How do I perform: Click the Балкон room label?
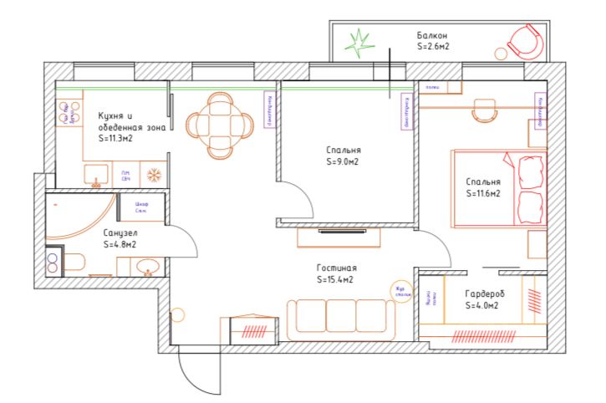click(433, 35)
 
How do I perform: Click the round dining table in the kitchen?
click(219, 125)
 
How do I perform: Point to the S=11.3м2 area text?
click(116, 139)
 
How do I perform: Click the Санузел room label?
click(120, 232)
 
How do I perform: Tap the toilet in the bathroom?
click(73, 263)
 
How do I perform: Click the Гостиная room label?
click(336, 268)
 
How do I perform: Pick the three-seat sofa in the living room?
click(341, 318)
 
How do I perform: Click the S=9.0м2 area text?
click(344, 162)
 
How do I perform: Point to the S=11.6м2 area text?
click(483, 193)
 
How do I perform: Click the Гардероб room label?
click(484, 293)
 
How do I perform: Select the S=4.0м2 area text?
click(481, 306)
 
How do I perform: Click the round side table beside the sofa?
click(403, 291)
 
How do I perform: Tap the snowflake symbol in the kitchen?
click(153, 176)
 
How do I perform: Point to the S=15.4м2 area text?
click(336, 280)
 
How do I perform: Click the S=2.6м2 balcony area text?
click(433, 48)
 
